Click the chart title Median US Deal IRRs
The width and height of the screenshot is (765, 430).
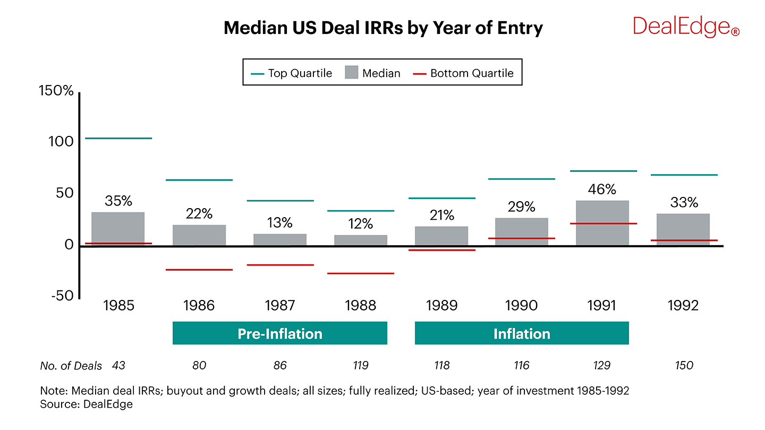click(383, 28)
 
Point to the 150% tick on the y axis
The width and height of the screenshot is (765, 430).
click(56, 91)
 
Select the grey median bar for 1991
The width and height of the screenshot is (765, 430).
click(602, 223)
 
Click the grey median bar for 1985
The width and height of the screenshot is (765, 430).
click(118, 229)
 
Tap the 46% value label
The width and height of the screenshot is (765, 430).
click(602, 189)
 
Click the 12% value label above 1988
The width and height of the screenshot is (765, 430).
click(361, 223)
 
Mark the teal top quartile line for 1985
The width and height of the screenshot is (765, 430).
click(118, 139)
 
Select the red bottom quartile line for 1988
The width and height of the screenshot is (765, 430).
click(361, 273)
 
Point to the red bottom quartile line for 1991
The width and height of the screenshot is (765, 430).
click(602, 223)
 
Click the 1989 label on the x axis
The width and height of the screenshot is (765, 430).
click(441, 306)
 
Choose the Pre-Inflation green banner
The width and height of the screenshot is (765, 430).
click(280, 333)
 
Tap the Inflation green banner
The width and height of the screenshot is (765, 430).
click(522, 333)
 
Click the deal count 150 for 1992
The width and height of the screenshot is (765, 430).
click(683, 366)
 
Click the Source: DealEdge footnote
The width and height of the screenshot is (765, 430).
click(86, 405)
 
